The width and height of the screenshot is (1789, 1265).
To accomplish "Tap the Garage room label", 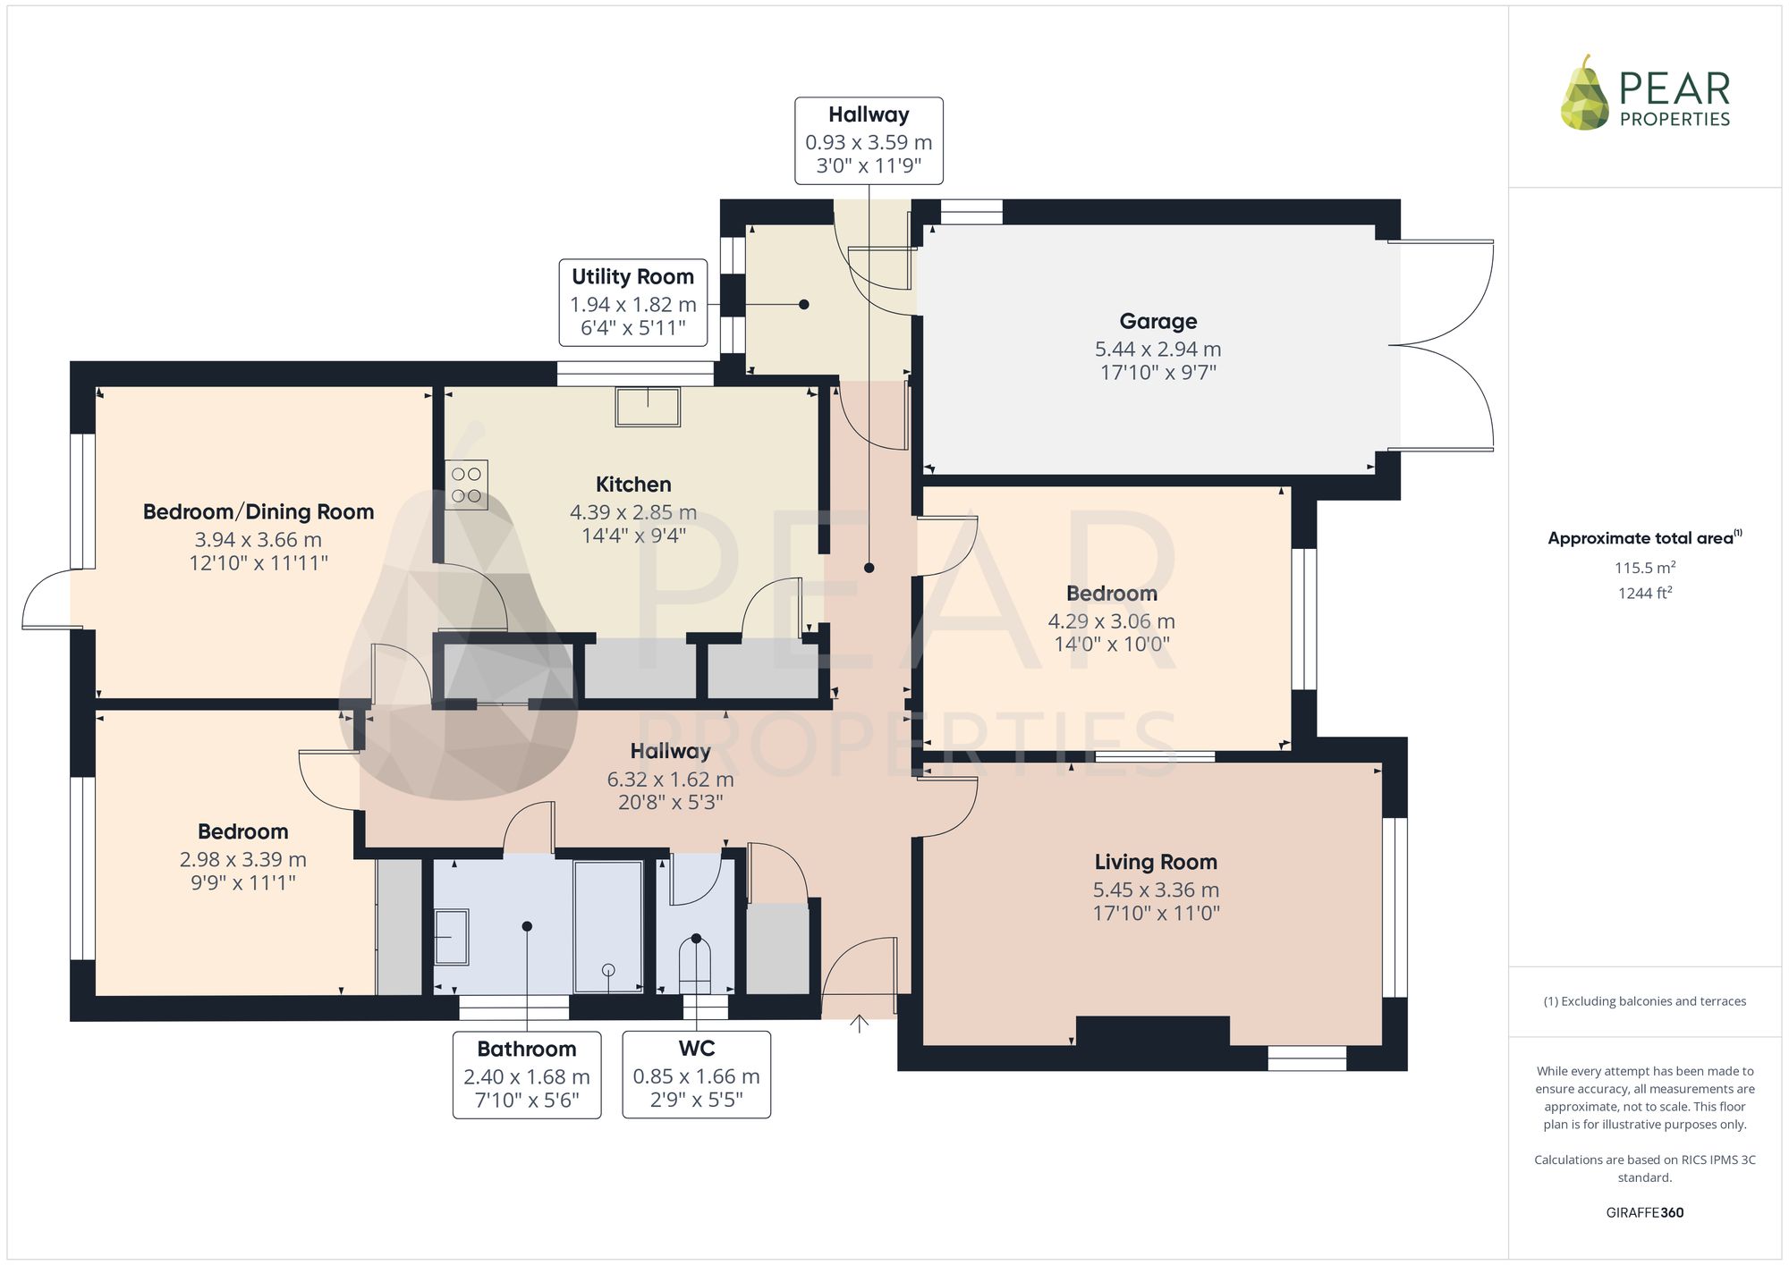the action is pos(1157,321).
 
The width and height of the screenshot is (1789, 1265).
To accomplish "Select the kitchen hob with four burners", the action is pos(466,485).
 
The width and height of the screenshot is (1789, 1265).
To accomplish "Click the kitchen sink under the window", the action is pos(648,406).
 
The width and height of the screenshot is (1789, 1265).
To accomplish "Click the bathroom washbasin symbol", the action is pos(452,937).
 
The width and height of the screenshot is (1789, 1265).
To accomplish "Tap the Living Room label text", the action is pos(1156,862).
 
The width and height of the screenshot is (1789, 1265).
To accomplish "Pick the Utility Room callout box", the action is pos(633,303).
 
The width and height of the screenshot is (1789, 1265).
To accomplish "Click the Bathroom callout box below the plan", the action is pos(527,1075).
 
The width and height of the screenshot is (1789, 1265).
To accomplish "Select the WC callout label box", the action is pos(696,1075).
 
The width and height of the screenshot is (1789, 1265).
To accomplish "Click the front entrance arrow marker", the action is pos(859,1024).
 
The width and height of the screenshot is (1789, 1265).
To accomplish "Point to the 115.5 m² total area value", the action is pos(1644,568).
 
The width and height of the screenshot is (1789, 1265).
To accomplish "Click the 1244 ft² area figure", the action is pos(1644,593).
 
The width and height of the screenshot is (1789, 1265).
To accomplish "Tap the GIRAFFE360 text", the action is pos(1644,1213).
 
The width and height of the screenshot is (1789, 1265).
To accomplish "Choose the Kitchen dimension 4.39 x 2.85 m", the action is pos(633,512).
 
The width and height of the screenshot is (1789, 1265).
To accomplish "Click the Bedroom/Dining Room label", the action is pos(259,512).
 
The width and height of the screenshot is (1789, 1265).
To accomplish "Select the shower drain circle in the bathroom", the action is pos(609,970).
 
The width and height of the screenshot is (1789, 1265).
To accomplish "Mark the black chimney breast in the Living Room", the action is pos(1153,1031).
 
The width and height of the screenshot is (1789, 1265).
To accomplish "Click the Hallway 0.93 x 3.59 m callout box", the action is pos(869,140).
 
